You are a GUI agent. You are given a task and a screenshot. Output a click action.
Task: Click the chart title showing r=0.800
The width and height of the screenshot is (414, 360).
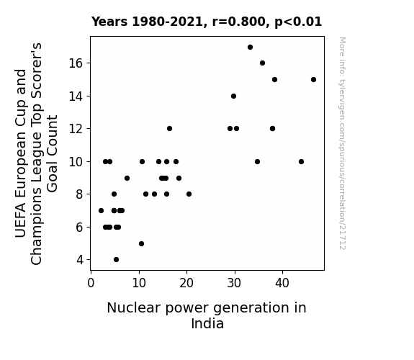(207, 22)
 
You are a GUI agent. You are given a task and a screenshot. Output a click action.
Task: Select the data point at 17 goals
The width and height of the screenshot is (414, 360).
(250, 48)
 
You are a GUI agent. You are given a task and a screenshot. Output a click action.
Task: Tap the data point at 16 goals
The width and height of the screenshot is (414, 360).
(262, 63)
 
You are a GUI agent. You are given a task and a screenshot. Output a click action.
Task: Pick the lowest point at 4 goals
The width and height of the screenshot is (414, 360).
(116, 260)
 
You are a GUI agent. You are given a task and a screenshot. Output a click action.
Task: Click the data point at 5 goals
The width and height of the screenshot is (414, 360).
(142, 244)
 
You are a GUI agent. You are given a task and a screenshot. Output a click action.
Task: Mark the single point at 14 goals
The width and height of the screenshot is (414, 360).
(234, 96)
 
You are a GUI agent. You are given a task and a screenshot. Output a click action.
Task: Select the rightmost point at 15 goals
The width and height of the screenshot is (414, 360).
(313, 79)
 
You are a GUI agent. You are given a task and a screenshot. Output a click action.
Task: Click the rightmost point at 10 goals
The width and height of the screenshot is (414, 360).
(301, 162)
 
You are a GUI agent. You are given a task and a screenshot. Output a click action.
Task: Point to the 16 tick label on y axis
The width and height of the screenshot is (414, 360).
(76, 63)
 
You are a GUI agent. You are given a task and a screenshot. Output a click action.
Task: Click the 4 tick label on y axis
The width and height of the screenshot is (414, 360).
(80, 260)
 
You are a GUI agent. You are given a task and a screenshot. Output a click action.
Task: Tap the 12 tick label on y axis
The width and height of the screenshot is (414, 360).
(76, 129)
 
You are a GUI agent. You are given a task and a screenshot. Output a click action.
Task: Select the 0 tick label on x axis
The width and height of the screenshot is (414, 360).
(91, 284)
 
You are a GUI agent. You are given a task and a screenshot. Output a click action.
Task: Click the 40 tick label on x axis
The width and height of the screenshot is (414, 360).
(282, 284)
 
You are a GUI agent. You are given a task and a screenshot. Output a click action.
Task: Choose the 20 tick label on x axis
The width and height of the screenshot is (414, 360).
(186, 284)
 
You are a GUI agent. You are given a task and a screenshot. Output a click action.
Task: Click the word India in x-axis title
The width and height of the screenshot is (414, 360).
(207, 323)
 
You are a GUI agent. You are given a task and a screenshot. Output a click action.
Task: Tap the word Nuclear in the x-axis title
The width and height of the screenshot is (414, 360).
(134, 308)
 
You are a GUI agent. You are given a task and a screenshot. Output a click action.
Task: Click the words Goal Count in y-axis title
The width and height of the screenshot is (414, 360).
(52, 153)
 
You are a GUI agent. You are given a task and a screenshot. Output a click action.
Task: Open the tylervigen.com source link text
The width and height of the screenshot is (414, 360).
(342, 143)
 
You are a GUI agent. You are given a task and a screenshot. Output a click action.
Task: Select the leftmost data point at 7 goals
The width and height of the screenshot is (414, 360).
(101, 211)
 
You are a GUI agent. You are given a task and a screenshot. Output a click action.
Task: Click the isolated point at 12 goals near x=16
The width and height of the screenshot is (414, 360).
(169, 129)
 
